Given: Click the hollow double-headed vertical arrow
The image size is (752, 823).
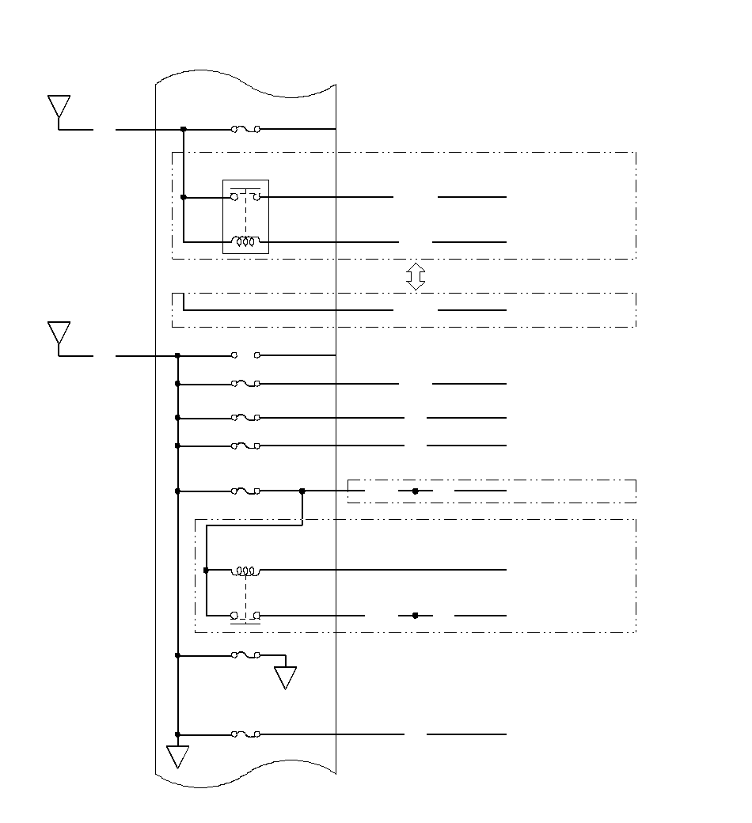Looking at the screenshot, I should [x=416, y=276].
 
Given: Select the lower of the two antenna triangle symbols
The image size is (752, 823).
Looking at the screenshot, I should [x=59, y=333].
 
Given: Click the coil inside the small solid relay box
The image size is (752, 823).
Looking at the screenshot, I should [x=245, y=241].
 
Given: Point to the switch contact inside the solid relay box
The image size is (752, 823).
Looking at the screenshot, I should [x=245, y=195].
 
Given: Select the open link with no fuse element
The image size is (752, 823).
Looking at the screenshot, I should [x=245, y=355].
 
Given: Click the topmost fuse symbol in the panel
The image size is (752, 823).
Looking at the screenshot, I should [x=245, y=128].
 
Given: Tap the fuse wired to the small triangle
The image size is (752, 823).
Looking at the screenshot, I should [x=245, y=655].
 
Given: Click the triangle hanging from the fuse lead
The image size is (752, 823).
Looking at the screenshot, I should [x=285, y=677].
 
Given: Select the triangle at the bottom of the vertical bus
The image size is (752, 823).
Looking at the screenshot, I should [x=178, y=756].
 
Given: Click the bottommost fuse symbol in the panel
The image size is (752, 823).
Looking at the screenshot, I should [x=245, y=734].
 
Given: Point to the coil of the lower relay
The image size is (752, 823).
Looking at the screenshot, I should [x=245, y=570].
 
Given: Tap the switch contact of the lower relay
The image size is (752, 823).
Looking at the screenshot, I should [x=245, y=616].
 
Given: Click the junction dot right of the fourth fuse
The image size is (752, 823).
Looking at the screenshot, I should [x=302, y=491].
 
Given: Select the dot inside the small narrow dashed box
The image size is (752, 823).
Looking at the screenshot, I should [x=415, y=491].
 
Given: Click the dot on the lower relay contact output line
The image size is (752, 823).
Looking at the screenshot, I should [x=415, y=615].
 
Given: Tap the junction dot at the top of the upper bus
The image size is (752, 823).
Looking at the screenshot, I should [x=184, y=128].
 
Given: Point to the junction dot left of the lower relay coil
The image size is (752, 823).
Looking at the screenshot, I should [x=206, y=570].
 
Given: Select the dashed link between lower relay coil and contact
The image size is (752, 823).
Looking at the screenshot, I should [x=245, y=593].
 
